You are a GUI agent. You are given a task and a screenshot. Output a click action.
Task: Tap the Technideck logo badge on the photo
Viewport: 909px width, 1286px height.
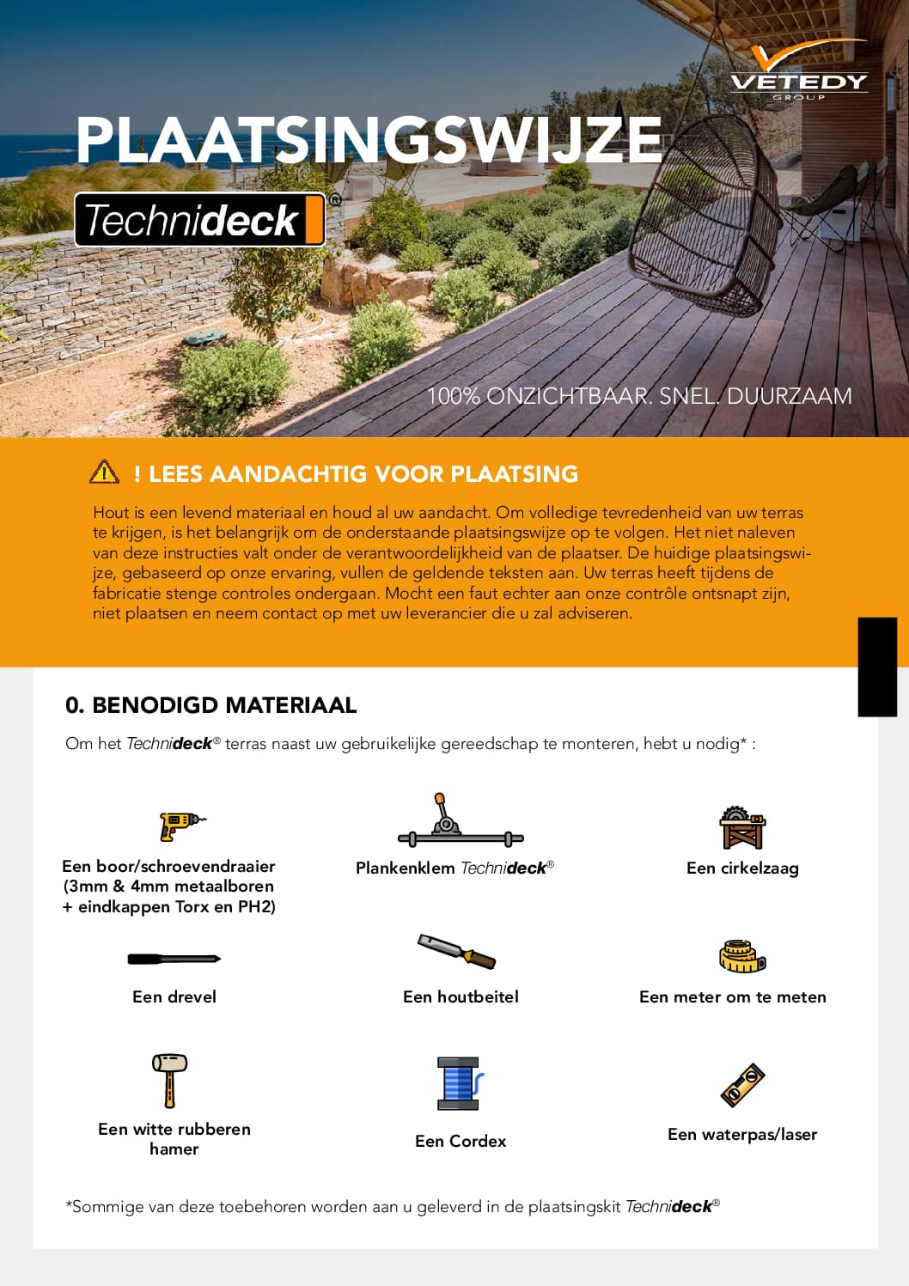[201, 220]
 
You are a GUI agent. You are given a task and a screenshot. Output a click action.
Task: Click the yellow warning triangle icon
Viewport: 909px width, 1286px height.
[104, 472]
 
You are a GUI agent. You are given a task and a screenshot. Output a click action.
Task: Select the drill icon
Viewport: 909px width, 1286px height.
[180, 825]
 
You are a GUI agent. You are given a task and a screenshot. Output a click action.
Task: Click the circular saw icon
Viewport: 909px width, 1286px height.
[742, 827]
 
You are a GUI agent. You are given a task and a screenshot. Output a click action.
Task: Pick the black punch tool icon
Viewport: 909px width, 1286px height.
[174, 959]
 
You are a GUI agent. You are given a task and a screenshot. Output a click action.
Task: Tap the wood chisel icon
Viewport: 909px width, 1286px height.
[457, 951]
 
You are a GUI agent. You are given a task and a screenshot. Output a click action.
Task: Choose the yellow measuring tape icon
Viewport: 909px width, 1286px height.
[742, 956]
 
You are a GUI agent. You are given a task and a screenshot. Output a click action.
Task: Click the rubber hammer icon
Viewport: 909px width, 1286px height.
[170, 1080]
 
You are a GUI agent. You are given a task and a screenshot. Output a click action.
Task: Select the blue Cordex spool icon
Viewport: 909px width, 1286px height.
[461, 1083]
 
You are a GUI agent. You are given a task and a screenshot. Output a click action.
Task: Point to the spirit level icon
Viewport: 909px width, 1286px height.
[743, 1084]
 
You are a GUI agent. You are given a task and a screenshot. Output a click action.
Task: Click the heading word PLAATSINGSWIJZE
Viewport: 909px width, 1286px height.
[369, 140]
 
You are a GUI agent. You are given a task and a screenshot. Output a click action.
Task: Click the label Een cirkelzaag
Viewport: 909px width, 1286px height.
[742, 868]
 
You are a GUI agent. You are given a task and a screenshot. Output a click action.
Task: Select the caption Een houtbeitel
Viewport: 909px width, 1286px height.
[461, 996]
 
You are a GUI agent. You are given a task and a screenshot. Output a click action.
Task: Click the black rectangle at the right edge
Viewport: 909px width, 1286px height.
[877, 667]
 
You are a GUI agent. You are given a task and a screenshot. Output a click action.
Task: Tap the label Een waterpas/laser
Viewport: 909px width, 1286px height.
[742, 1134]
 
